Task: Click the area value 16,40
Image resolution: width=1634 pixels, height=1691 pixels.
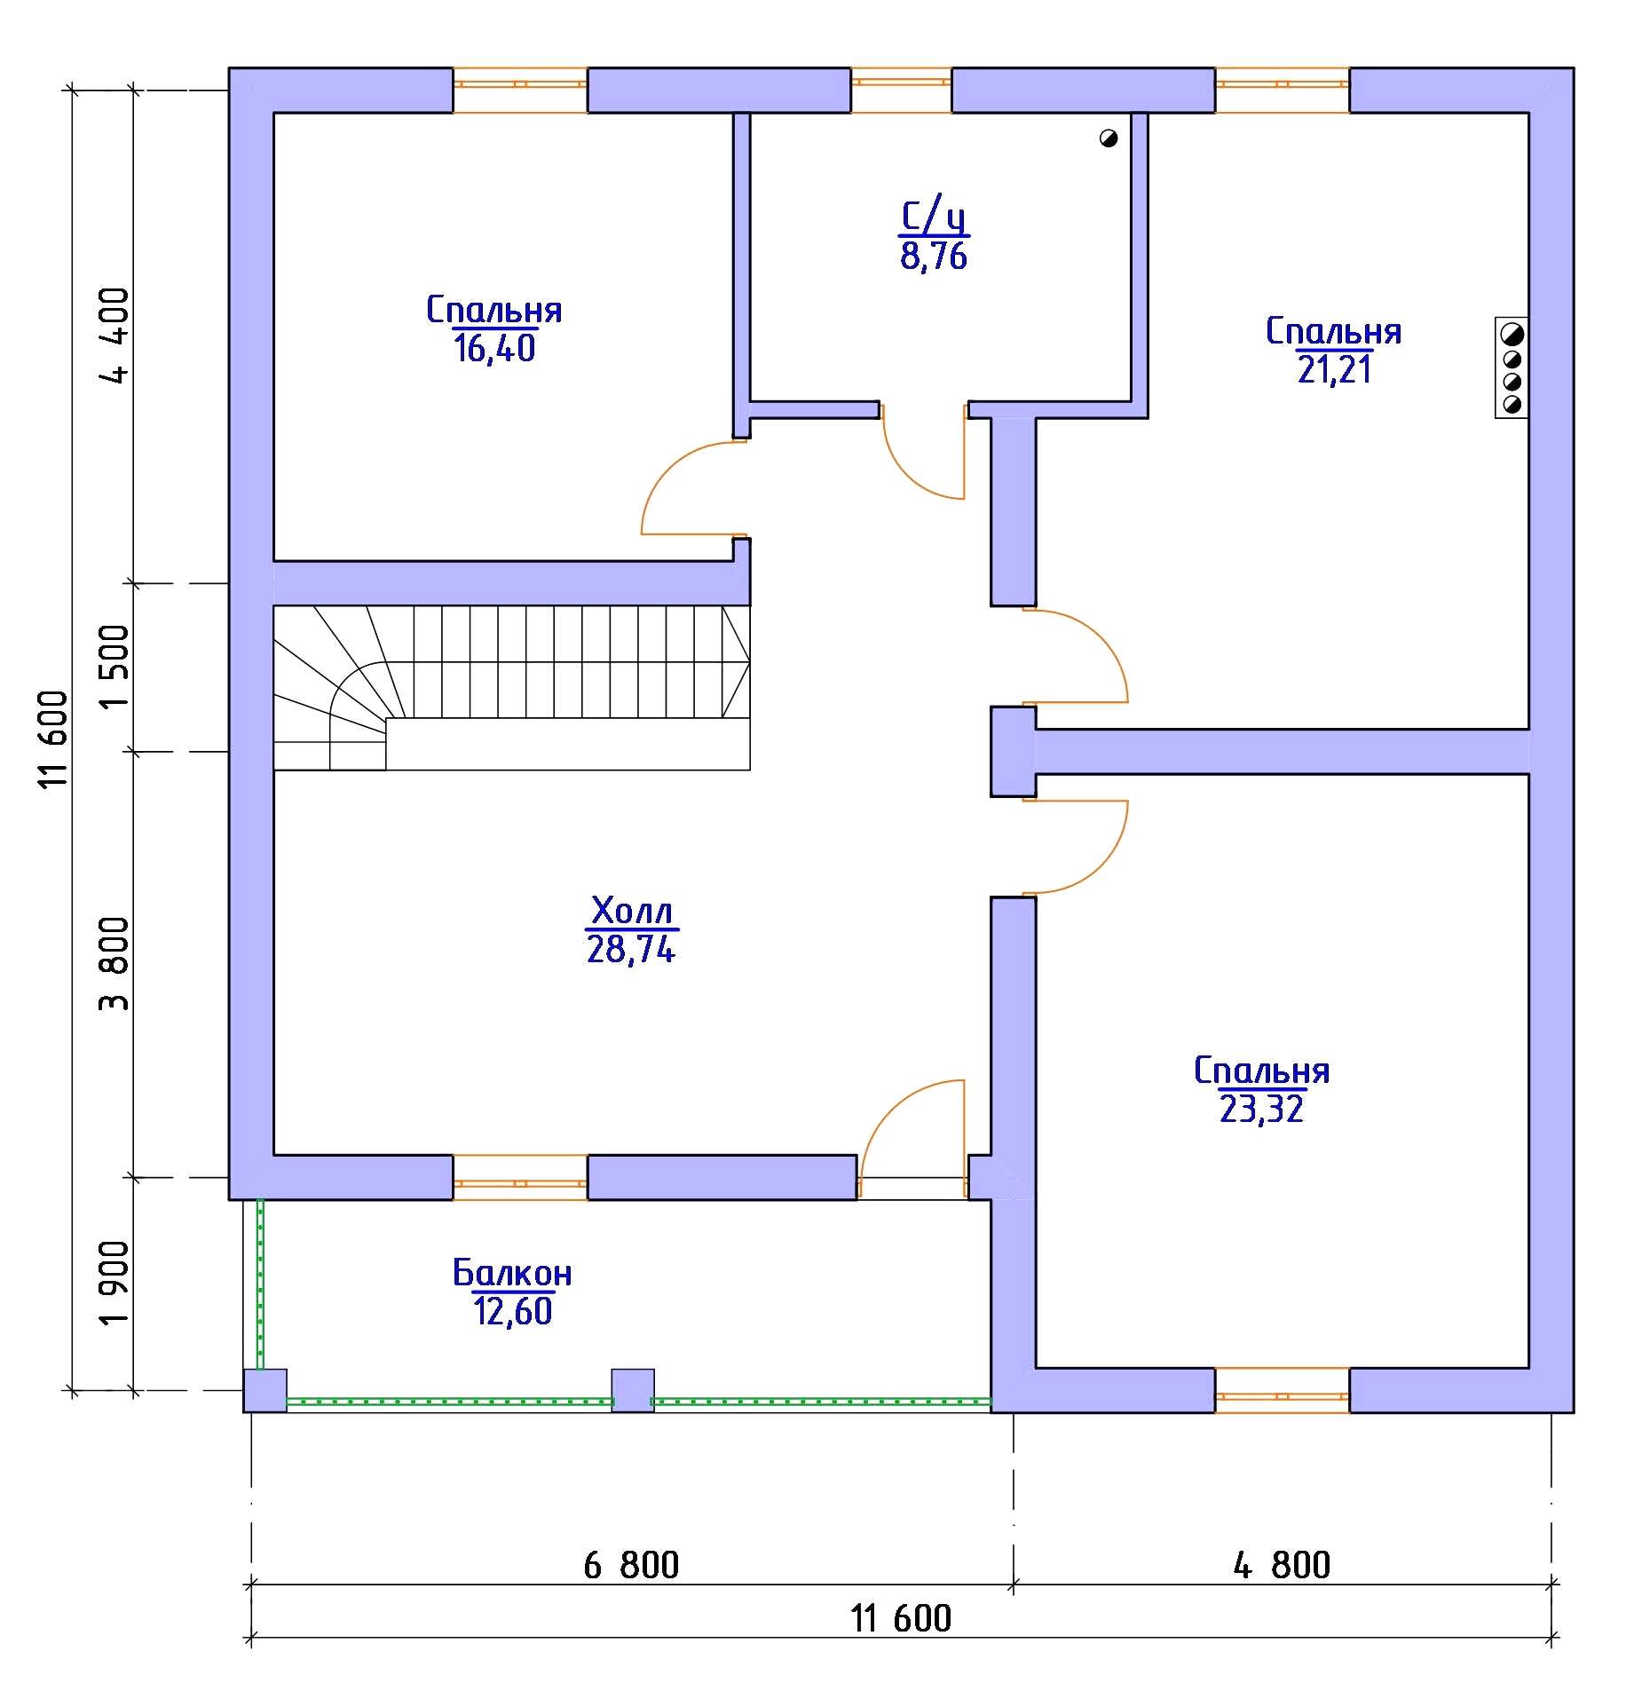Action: [x=495, y=348]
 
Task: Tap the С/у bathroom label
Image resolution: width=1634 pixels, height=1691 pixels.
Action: [x=934, y=217]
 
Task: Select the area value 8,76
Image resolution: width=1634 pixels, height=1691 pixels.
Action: [x=934, y=256]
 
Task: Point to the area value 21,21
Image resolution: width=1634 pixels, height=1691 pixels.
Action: [x=1334, y=368]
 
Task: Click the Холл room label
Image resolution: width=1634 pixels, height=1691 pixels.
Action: [x=632, y=911]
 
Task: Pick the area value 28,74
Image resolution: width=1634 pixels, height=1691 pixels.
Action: [x=631, y=949]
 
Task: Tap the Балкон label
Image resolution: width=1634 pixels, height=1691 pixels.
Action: [x=512, y=1273]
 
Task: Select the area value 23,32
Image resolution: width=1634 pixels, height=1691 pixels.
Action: [x=1261, y=1110]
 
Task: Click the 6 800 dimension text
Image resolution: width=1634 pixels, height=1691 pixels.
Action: [x=631, y=1565]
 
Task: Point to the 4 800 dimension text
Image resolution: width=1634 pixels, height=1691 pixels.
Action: [x=1282, y=1565]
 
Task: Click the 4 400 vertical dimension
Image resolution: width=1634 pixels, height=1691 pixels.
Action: [x=114, y=335]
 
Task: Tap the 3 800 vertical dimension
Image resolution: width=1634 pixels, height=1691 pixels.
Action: [x=114, y=964]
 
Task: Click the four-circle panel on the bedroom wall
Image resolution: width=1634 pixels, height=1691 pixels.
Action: [x=1512, y=368]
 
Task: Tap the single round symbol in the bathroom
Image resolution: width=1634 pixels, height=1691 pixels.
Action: [x=1108, y=138]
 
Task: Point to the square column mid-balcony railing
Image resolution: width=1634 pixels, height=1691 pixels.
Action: [x=633, y=1390]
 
